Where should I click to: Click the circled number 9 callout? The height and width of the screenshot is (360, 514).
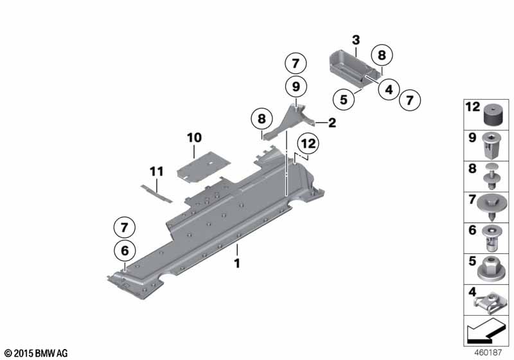coord(296,87)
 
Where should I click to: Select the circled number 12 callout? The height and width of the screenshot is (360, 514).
coord(308,143)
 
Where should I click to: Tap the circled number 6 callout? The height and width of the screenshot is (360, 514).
coord(125,251)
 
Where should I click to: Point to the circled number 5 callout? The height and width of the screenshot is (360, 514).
coord(344,99)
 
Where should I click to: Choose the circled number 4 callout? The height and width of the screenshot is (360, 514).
coord(389,89)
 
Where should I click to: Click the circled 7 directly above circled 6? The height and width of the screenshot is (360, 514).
coord(125,227)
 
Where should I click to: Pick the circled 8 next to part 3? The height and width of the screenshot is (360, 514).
coord(382,55)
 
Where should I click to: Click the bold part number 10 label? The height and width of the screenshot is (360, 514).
coord(194,138)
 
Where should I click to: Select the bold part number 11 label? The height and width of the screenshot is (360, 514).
coord(156,172)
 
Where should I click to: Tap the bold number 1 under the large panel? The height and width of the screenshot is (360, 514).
coord(237,264)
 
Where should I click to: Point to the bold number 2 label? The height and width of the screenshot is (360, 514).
coord(332,123)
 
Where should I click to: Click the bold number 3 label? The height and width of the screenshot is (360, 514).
coord(356,40)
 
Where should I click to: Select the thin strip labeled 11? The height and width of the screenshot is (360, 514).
coord(156,194)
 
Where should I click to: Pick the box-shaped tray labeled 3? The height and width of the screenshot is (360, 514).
coord(355,68)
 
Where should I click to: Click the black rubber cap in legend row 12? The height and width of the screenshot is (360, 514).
coord(493,115)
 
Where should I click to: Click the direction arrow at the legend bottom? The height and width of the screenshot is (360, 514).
coord(485,331)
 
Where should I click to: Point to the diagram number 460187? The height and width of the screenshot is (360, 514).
coord(488,352)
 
